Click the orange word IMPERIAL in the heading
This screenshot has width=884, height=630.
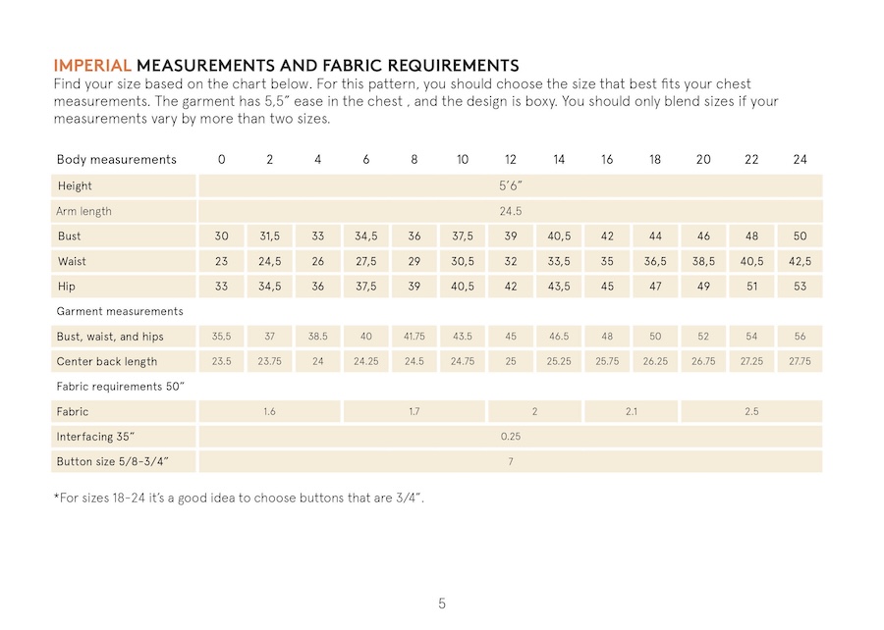92,66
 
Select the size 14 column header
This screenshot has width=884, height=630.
559,159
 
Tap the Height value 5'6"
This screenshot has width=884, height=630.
511,185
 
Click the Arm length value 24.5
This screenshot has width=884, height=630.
511,211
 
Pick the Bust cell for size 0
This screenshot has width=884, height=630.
222,236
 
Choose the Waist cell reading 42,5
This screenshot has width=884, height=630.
800,262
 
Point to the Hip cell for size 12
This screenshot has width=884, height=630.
511,288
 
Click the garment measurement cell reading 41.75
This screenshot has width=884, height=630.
414,337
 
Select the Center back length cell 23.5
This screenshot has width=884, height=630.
222,361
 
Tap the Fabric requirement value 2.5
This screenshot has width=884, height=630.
751,412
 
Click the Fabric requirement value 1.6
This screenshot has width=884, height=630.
269,412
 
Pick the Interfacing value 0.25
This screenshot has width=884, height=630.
511,437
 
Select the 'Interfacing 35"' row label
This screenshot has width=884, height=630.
96,437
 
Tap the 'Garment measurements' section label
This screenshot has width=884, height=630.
120,311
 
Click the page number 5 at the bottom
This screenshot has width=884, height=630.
442,603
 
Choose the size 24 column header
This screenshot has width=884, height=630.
800,159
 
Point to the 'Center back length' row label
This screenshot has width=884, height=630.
107,361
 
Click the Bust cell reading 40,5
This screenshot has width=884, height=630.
559,236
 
